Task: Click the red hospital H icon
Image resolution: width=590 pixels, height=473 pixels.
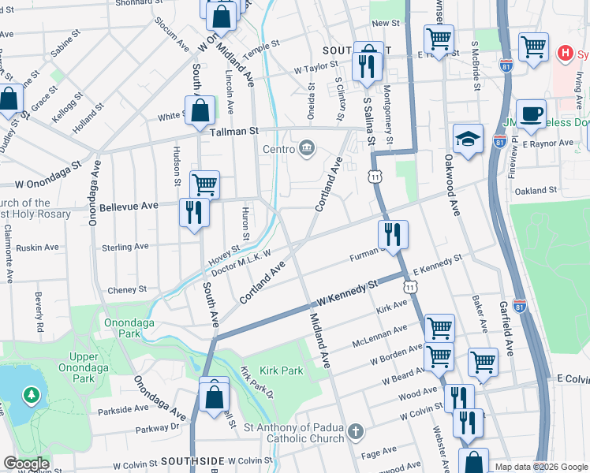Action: (565, 54)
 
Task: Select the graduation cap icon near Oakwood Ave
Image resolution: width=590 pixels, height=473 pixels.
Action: (468, 138)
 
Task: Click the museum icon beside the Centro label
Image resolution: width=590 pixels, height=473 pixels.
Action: (307, 148)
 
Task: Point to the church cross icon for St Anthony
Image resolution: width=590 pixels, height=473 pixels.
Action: (356, 431)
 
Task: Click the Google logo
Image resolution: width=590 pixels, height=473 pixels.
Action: (26, 464)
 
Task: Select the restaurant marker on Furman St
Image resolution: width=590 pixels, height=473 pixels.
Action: (392, 234)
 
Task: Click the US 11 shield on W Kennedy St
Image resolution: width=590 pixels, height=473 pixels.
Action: (409, 285)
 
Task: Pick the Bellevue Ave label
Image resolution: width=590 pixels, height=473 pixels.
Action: (129, 206)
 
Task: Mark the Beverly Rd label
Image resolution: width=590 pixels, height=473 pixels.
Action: (38, 312)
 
